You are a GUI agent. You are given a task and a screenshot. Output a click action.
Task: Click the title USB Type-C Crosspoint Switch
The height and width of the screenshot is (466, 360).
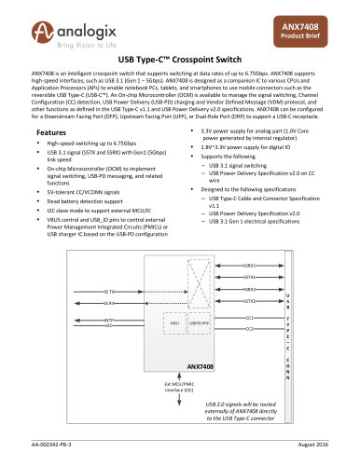pos(180,58)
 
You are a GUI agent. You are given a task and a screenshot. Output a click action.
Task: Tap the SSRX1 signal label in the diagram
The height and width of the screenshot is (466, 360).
pos(249,266)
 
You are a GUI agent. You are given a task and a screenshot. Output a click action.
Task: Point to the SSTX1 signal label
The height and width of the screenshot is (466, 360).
pos(249,277)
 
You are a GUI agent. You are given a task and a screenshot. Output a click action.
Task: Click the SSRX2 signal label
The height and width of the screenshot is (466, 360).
pos(249,289)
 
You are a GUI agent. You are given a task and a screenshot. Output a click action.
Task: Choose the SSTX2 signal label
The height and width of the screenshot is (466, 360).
pos(249,301)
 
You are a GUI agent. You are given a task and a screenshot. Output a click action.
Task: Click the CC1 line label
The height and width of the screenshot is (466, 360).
pos(249,317)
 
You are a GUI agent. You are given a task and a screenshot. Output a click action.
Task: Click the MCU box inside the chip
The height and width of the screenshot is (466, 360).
pos(174,322)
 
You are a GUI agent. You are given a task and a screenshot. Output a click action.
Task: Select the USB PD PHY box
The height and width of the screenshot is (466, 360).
pos(200,322)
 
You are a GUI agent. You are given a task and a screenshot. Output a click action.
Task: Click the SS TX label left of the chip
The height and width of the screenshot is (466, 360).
pos(110,291)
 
